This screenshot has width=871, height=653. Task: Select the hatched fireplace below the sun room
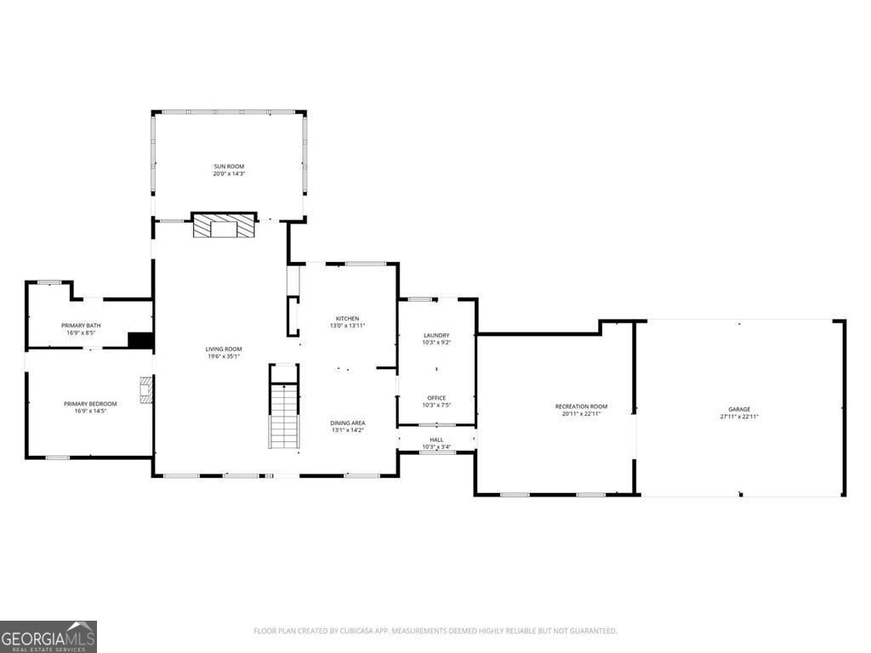tap(224, 226)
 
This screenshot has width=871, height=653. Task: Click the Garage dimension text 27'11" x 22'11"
tap(738, 417)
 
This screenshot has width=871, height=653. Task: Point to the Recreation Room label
tap(581, 406)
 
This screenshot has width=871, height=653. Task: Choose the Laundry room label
tap(436, 335)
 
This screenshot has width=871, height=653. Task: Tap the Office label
tap(436, 398)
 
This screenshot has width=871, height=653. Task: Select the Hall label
tap(436, 440)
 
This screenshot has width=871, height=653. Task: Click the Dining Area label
tap(347, 423)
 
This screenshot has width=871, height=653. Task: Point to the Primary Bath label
tap(81, 326)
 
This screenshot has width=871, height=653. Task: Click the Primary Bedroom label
tap(90, 403)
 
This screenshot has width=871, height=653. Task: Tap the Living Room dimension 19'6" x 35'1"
tap(224, 356)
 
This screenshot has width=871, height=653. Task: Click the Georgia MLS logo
tap(48, 637)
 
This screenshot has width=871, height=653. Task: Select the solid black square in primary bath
tap(139, 340)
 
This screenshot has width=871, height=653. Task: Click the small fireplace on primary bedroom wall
tap(147, 390)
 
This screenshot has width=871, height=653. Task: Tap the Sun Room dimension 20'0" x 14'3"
tap(229, 173)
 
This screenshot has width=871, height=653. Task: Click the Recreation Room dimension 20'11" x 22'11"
tap(581, 414)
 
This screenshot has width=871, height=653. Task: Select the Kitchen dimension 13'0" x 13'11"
tap(347, 326)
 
